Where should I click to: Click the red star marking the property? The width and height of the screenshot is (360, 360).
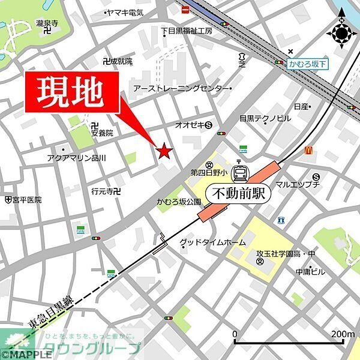[x=164, y=151]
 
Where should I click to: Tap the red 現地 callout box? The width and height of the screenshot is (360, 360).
[x=71, y=94]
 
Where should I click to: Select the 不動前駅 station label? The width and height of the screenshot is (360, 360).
[x=238, y=194]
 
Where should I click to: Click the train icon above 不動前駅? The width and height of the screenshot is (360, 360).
[x=240, y=173]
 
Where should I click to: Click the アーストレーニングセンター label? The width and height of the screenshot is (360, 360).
[x=181, y=88]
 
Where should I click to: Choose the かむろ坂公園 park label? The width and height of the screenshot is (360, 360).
[x=178, y=202]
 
